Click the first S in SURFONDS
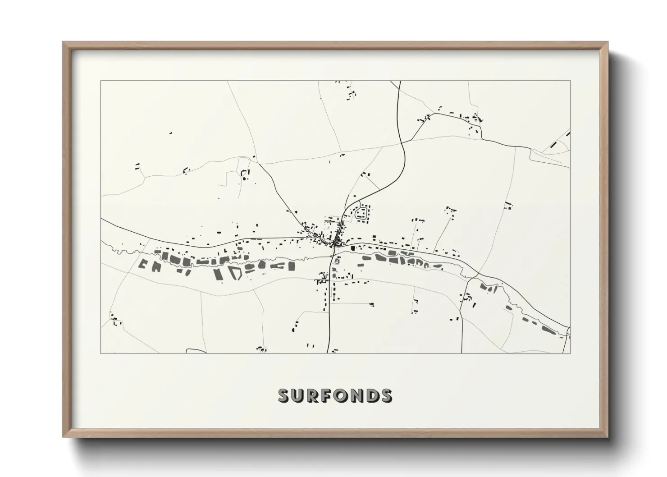(285, 395)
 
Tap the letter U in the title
(299, 395)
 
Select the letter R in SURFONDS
(313, 395)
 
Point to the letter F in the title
(327, 395)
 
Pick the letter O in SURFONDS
(341, 395)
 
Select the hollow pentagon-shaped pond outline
(235, 273)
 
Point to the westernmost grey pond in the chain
(144, 264)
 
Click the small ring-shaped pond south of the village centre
(337, 261)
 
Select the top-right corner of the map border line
(570, 81)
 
